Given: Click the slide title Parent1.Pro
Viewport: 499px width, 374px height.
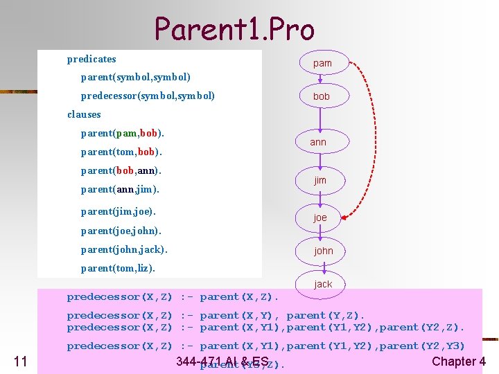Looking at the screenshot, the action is click(234, 28).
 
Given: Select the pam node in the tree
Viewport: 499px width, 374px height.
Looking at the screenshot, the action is click(322, 63).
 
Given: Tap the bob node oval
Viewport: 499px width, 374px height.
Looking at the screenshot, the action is click(322, 96).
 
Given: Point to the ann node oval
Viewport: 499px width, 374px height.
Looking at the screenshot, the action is click(318, 142).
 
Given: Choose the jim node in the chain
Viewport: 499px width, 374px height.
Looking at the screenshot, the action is click(319, 180).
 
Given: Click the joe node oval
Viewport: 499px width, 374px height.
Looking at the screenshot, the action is click(320, 217).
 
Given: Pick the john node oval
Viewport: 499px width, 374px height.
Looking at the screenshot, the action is click(323, 251).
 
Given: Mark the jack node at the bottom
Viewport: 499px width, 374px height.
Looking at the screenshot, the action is click(323, 284).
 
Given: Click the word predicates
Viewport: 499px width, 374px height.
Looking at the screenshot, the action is click(91, 59).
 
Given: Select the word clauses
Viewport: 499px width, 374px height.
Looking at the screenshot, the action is click(84, 114).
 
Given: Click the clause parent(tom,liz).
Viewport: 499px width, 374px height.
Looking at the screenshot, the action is click(118, 267).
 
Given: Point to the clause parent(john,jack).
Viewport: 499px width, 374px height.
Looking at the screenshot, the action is click(124, 249).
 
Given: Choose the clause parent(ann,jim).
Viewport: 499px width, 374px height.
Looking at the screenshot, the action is click(120, 188).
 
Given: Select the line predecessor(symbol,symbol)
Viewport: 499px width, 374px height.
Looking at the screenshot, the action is click(148, 95).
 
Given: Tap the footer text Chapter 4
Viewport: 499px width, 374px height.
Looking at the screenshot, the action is click(459, 361).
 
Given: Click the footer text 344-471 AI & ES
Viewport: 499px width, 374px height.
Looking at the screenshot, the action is click(222, 361).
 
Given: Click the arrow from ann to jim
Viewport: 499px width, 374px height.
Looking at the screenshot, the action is click(319, 161).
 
